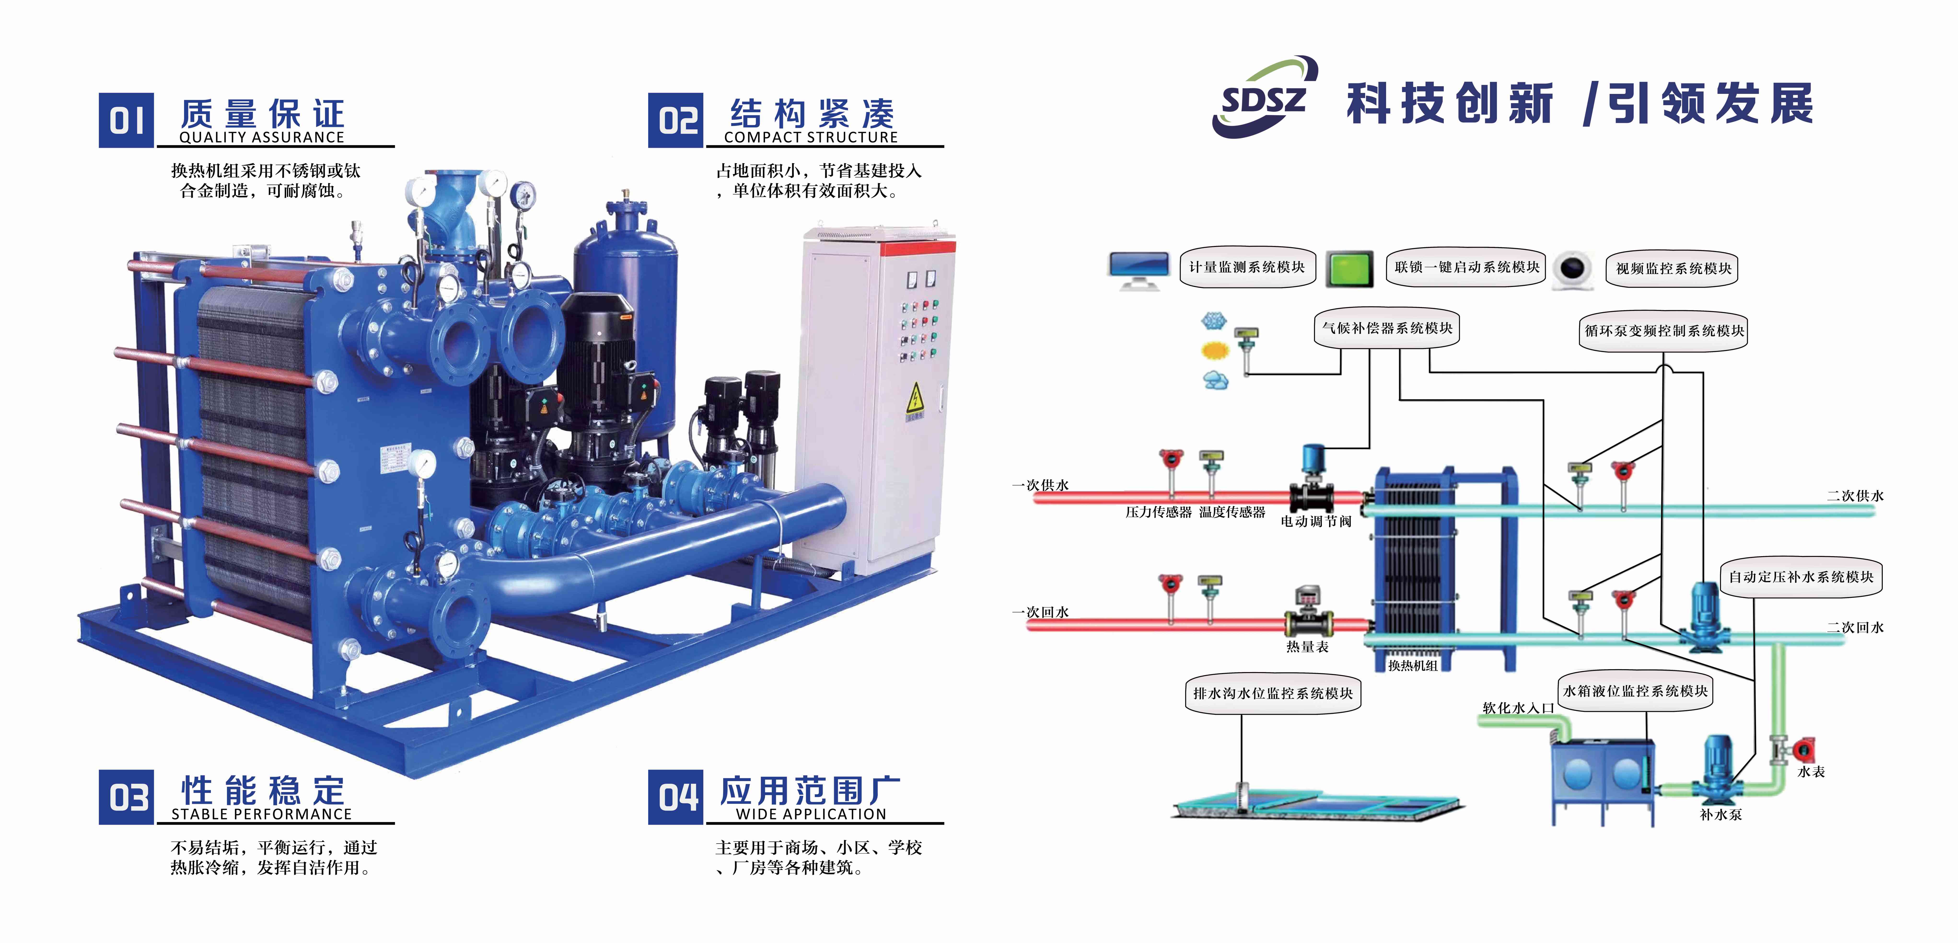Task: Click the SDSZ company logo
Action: [1263, 97]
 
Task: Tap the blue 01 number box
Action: [126, 120]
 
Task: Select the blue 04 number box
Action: [675, 797]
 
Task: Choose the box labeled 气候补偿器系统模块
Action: [1387, 328]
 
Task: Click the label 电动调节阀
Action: [1316, 521]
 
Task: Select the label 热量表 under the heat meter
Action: [1307, 647]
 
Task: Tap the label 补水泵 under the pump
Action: [1720, 815]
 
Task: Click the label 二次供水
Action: [1855, 495]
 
